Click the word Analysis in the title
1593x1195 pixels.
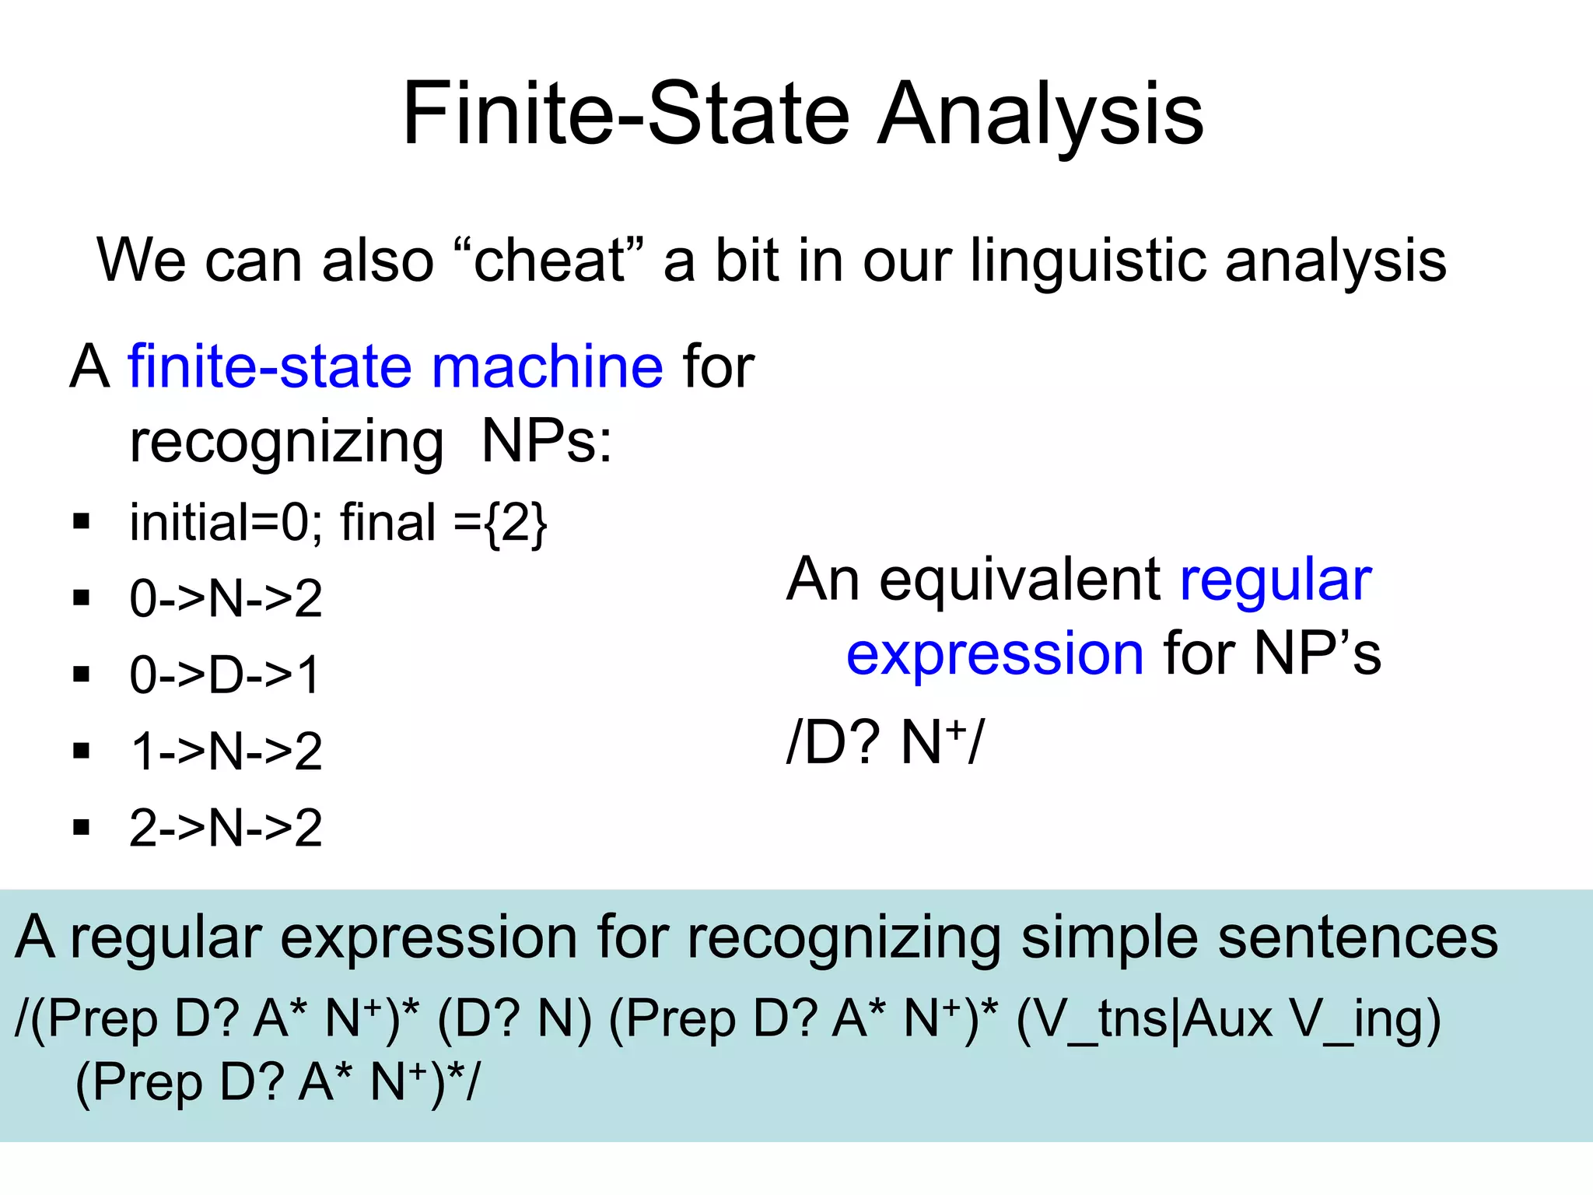click(x=1041, y=115)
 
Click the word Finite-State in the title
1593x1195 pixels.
click(x=626, y=115)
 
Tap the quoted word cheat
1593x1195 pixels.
click(x=548, y=260)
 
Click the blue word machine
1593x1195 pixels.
click(x=547, y=366)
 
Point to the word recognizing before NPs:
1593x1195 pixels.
click(x=286, y=442)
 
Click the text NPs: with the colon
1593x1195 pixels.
click(x=547, y=441)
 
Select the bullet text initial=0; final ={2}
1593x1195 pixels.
click(x=338, y=522)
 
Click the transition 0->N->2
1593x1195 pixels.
click(x=226, y=598)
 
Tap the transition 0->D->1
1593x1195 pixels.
click(x=225, y=675)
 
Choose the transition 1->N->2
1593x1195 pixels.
click(x=226, y=752)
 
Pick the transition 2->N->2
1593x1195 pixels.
click(x=226, y=828)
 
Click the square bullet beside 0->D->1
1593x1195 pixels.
click(x=82, y=674)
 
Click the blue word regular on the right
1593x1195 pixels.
click(x=1276, y=580)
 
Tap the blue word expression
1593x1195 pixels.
click(x=995, y=654)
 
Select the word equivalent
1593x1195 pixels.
click(x=1020, y=580)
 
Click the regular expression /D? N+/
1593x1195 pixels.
click(x=885, y=741)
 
